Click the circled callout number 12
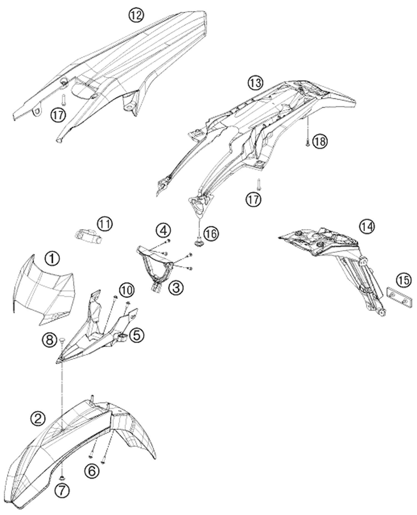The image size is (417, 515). pyautogui.click(x=136, y=15)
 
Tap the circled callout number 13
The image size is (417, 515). pyautogui.click(x=255, y=83)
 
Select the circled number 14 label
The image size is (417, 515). pyautogui.click(x=367, y=226)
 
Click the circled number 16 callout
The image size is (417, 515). pyautogui.click(x=211, y=234)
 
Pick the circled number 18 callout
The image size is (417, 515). pyautogui.click(x=320, y=141)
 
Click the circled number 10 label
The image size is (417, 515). pyautogui.click(x=126, y=290)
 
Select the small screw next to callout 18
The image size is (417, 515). pyautogui.click(x=307, y=142)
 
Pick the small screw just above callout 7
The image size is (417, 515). pyautogui.click(x=62, y=477)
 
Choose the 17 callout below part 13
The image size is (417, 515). pyautogui.click(x=253, y=200)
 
